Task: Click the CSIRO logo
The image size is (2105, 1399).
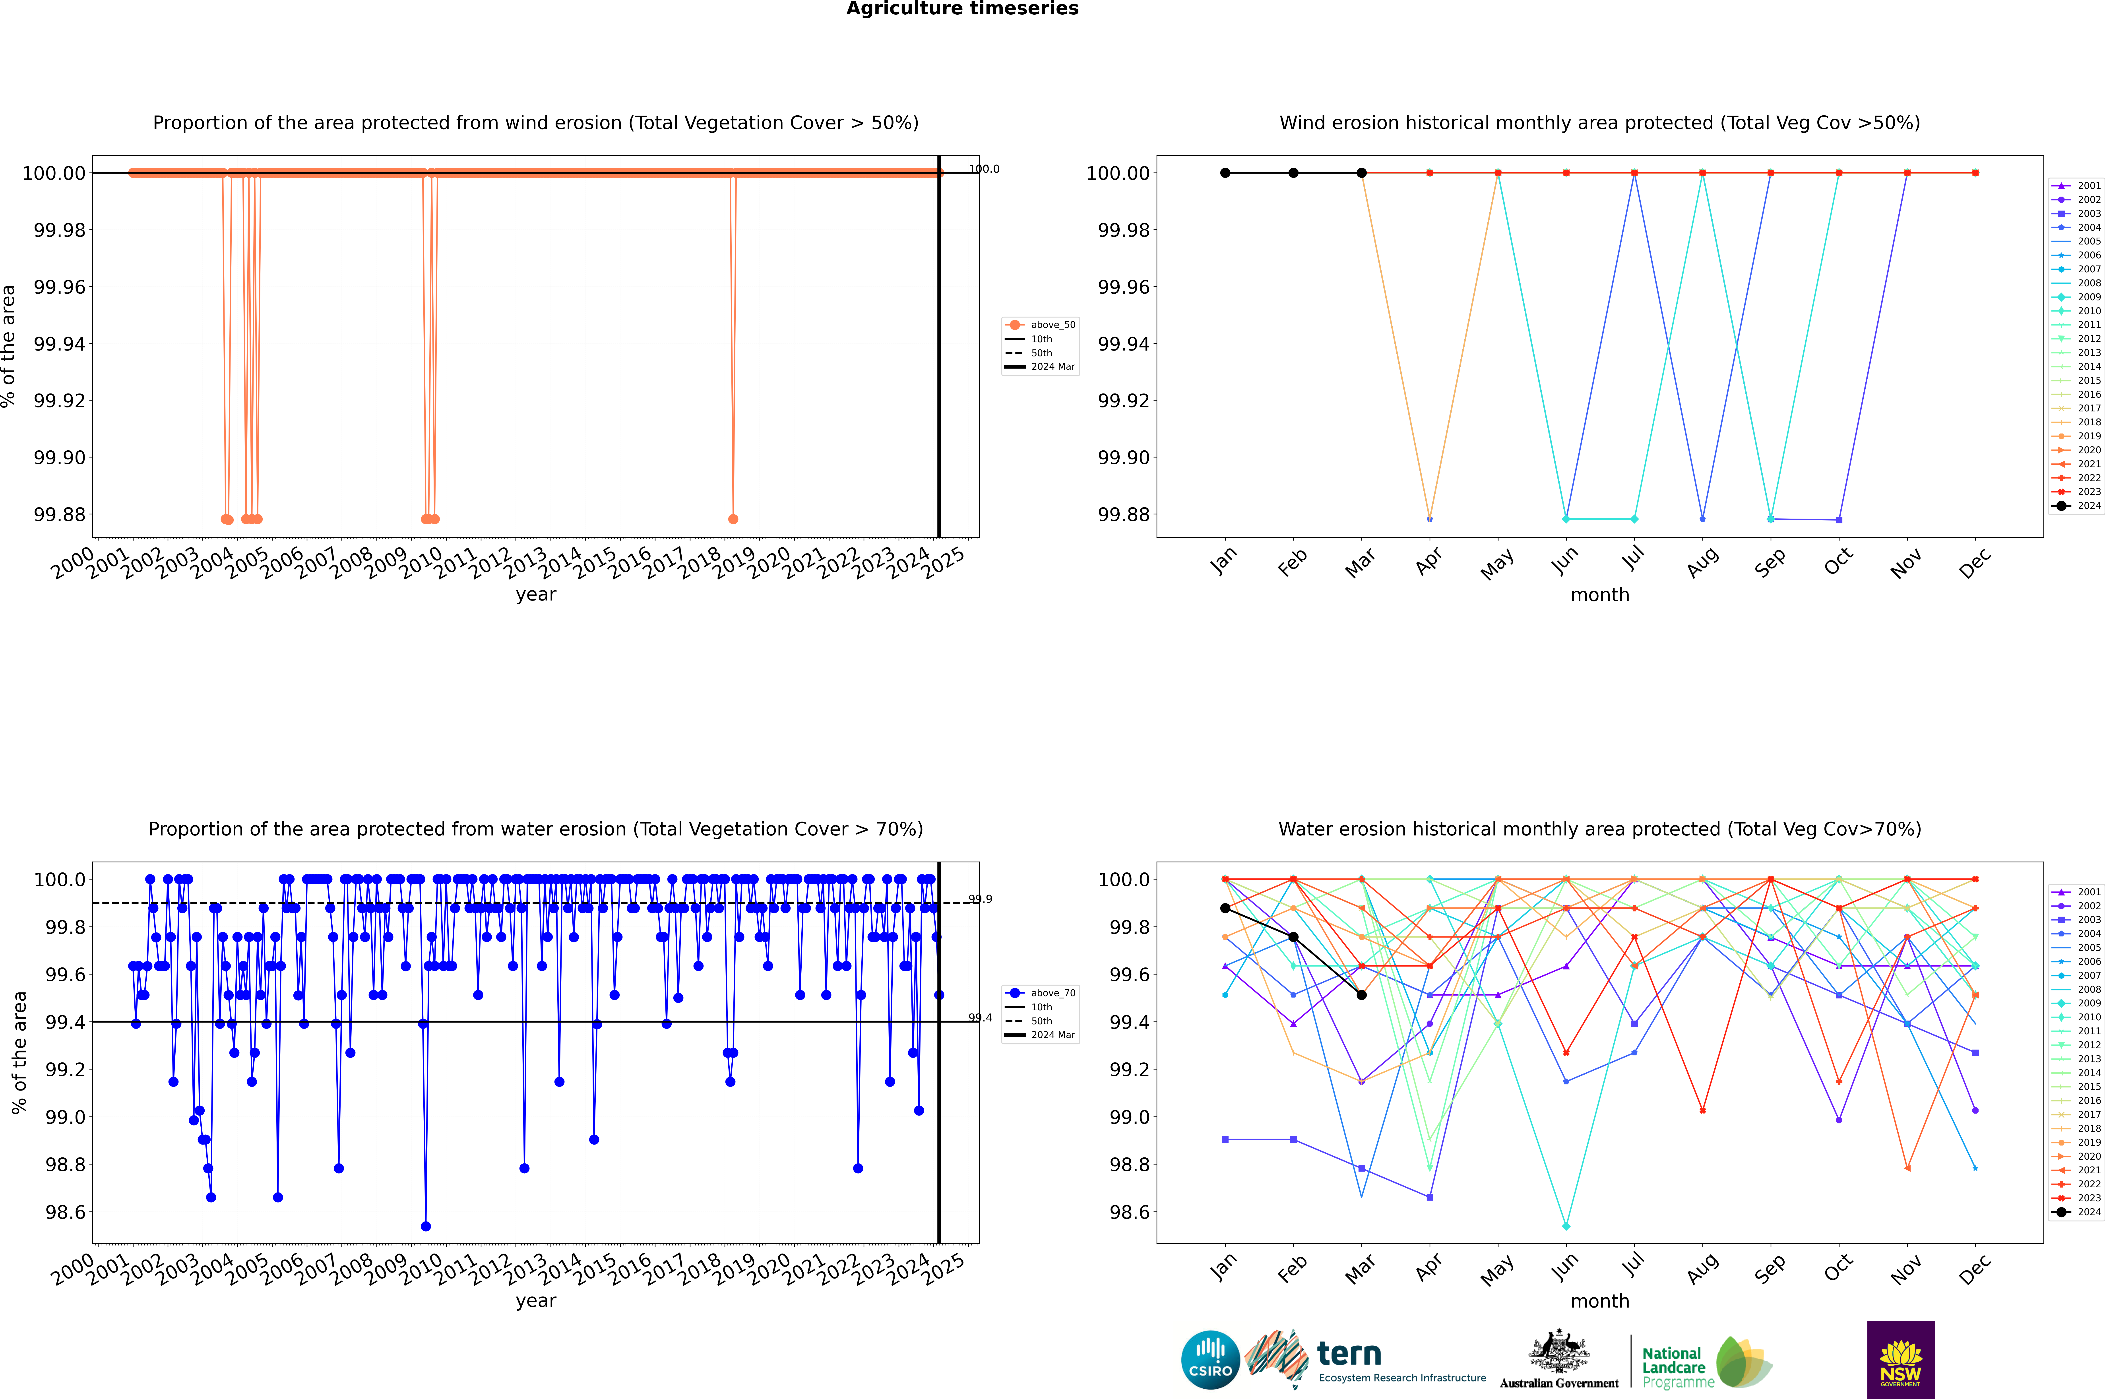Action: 1210,1360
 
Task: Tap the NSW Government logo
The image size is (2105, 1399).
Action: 1901,1360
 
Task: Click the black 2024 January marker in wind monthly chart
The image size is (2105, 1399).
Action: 1225,173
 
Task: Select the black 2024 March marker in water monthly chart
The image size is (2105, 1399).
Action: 1362,995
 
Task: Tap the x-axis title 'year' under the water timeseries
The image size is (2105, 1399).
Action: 535,1301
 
